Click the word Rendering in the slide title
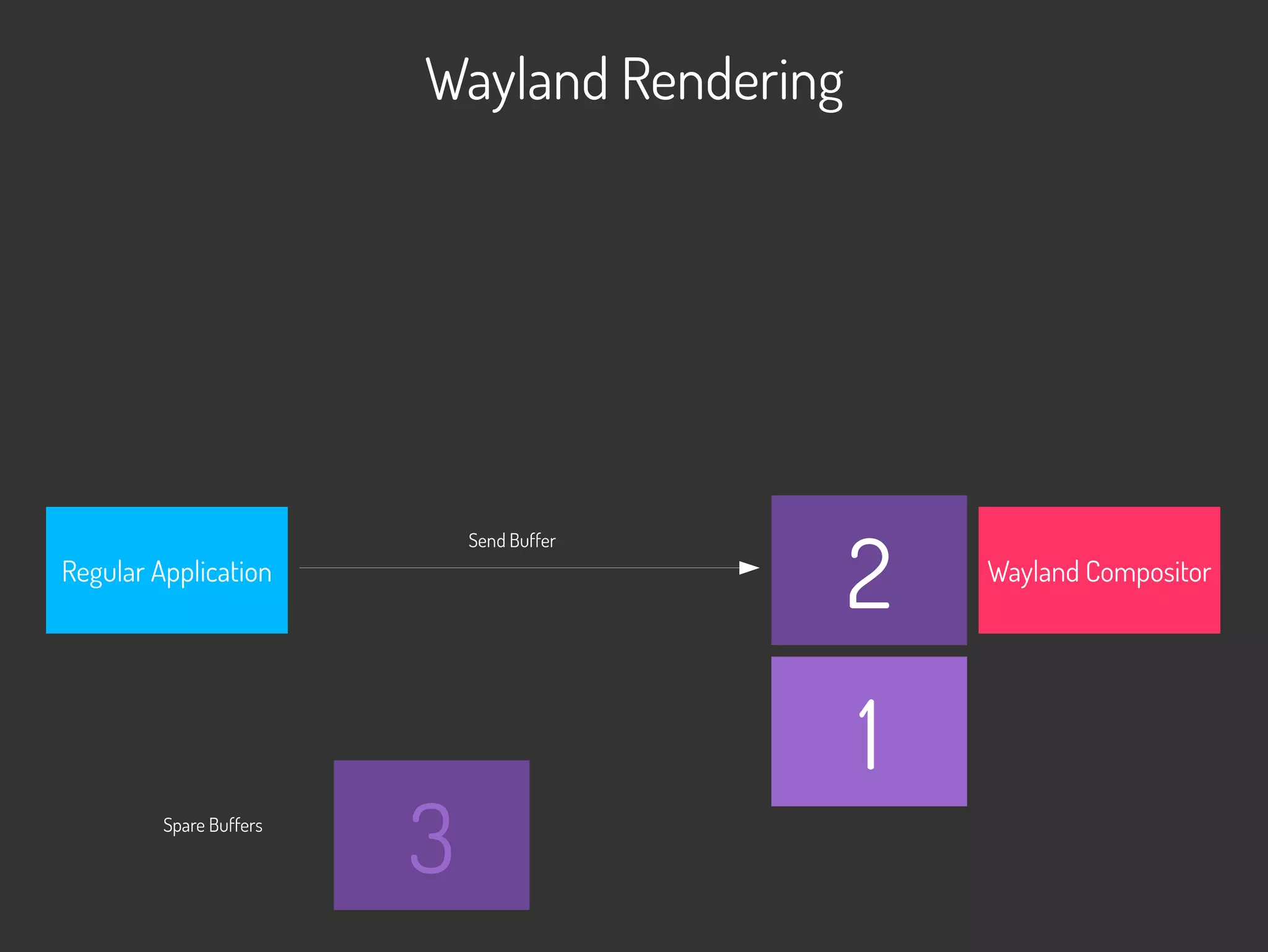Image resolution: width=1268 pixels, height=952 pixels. [x=732, y=81]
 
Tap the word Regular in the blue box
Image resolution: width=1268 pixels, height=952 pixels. [x=103, y=572]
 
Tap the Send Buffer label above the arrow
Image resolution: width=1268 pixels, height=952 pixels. [x=512, y=541]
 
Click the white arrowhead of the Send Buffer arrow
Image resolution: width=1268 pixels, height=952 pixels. [x=749, y=568]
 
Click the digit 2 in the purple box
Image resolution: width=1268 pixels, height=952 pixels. [x=869, y=574]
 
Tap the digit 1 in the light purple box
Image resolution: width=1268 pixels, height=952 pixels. [x=869, y=734]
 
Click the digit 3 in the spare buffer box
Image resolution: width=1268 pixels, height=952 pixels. [x=432, y=838]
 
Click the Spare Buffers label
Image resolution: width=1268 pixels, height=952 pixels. [x=212, y=826]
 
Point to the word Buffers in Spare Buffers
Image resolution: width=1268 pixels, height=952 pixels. [x=235, y=826]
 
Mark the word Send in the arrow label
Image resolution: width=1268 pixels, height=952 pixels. [x=487, y=541]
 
